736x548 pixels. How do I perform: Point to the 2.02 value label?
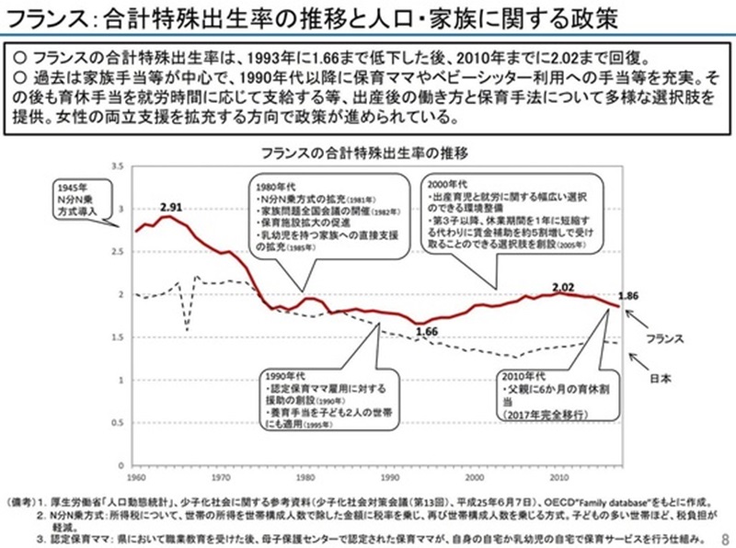pyautogui.click(x=564, y=286)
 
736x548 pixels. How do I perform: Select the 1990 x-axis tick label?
pyautogui.click(x=389, y=477)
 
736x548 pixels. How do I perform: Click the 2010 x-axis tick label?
pyautogui.click(x=558, y=477)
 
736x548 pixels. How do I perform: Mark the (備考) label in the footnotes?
pyautogui.click(x=23, y=505)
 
